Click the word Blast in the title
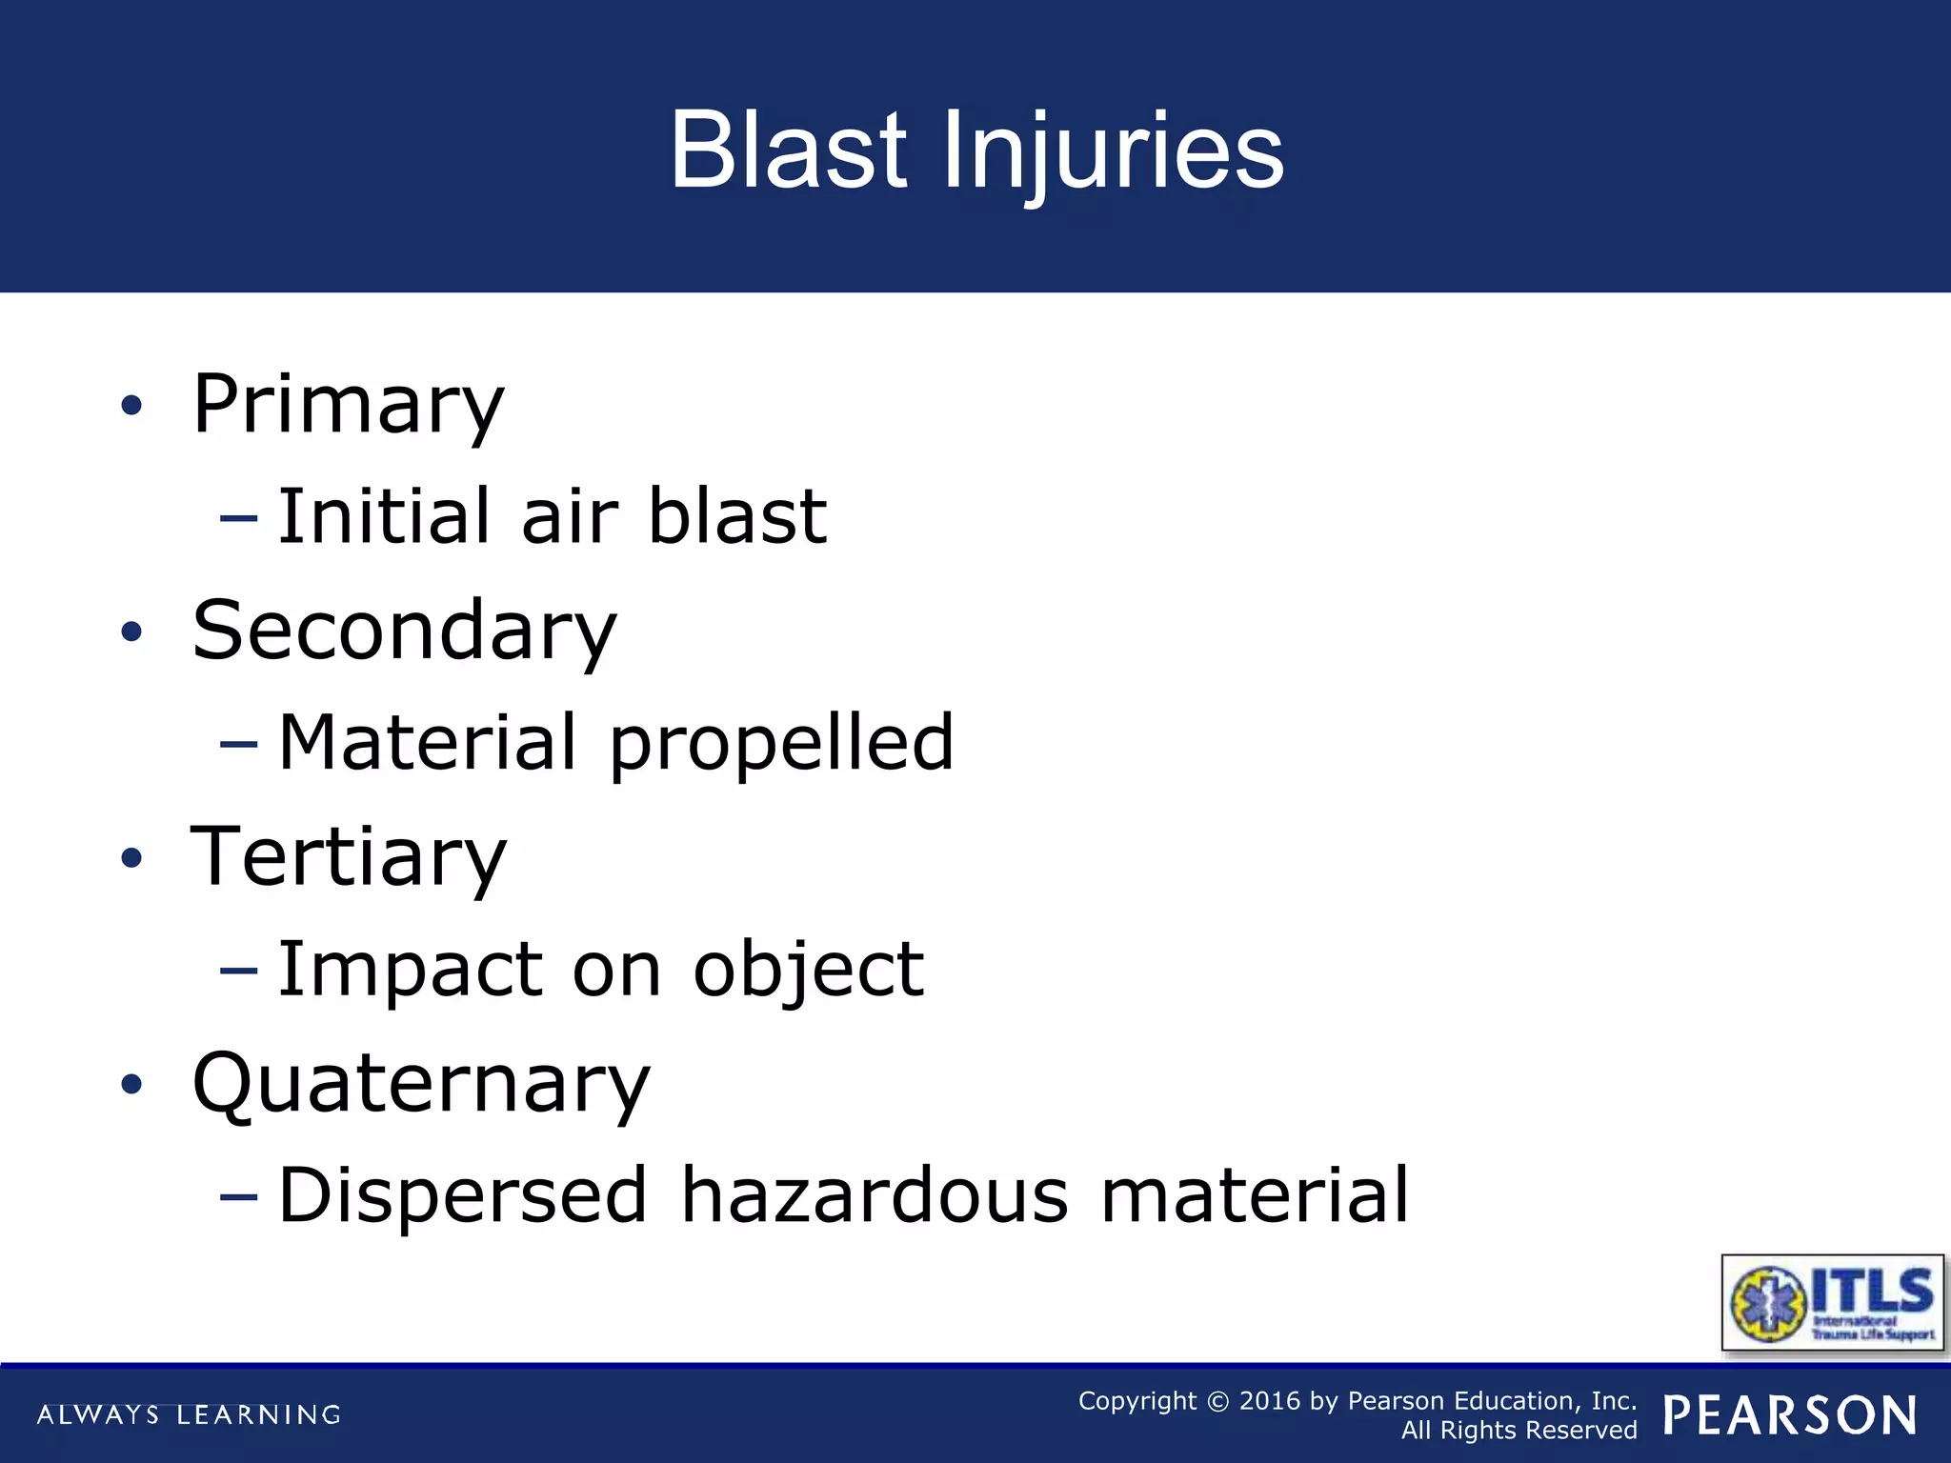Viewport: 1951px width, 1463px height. click(x=789, y=150)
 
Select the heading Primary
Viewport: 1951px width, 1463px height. click(x=348, y=405)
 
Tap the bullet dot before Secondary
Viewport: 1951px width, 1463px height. click(x=131, y=631)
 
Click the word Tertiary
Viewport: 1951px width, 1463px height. click(x=349, y=857)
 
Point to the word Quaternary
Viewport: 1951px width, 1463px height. click(x=421, y=1083)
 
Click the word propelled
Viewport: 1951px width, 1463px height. click(x=781, y=743)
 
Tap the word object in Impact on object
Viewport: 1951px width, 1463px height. click(x=808, y=970)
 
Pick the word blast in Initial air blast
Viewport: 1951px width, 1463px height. click(x=736, y=516)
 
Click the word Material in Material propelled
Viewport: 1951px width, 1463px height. click(x=427, y=742)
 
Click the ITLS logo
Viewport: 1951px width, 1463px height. click(x=1831, y=1302)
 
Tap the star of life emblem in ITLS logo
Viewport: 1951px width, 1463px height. click(x=1768, y=1304)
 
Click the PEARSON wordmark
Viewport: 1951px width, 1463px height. click(x=1790, y=1415)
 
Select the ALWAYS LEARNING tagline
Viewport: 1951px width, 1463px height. click(x=189, y=1415)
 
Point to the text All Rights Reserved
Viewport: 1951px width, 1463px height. click(x=1519, y=1431)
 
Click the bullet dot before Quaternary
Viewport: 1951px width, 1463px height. click(x=131, y=1084)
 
